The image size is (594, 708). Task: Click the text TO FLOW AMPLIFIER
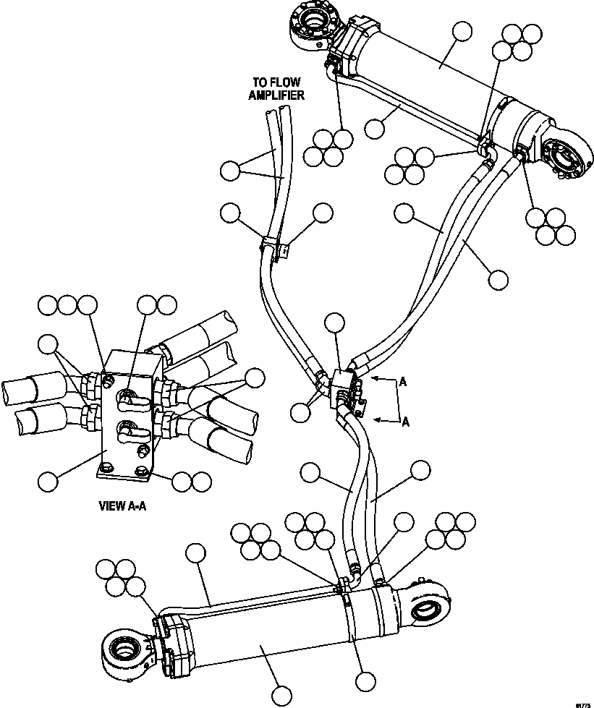point(276,88)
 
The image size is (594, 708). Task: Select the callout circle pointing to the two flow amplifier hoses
point(230,171)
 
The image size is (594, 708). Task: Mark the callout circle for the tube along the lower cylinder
point(195,554)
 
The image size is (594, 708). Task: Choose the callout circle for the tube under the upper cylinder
point(375,129)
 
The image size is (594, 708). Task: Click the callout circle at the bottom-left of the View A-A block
point(48,479)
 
